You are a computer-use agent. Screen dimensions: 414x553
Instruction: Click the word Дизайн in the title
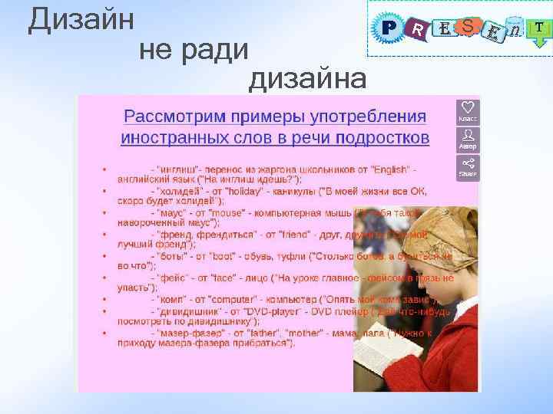[81, 20]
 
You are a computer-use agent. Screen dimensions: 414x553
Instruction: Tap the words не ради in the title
[194, 50]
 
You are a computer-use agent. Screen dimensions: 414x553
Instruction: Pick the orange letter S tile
[468, 27]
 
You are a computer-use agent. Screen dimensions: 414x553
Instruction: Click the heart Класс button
[467, 110]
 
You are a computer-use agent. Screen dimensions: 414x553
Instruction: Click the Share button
[467, 166]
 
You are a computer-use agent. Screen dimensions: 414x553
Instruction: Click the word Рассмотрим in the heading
[170, 117]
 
